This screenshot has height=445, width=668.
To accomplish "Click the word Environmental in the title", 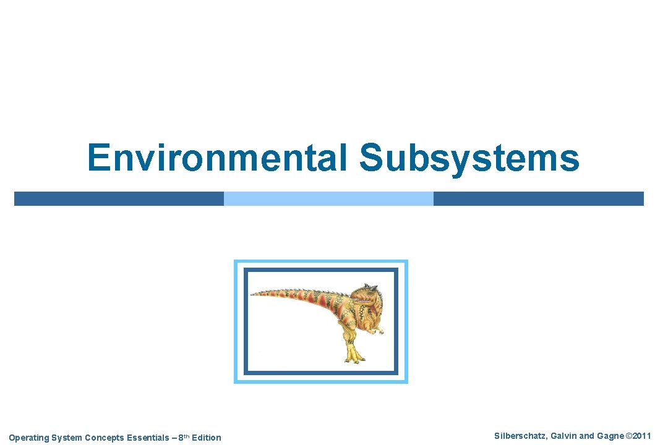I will (218, 158).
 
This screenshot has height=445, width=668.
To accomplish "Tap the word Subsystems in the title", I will (469, 158).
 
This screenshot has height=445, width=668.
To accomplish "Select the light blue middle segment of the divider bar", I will (328, 198).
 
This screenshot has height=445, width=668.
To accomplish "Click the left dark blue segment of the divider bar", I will (119, 198).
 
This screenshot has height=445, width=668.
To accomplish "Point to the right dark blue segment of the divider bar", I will (538, 198).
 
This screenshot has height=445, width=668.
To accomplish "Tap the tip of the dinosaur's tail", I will (254, 293).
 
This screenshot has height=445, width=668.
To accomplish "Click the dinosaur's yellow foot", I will (353, 355).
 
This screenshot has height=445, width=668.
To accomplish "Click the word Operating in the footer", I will (28, 438).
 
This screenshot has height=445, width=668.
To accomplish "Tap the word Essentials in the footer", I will (147, 438).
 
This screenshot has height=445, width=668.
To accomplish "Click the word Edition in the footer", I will (206, 438).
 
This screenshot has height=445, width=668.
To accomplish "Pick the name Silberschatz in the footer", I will (520, 436).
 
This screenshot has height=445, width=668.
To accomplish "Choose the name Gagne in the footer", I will (610, 436).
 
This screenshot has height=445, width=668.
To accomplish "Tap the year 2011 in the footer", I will (642, 436).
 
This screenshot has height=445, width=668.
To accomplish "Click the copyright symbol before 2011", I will (629, 436).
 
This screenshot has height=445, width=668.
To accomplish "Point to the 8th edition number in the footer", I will (182, 438).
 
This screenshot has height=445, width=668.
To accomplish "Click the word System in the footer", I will (66, 438).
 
